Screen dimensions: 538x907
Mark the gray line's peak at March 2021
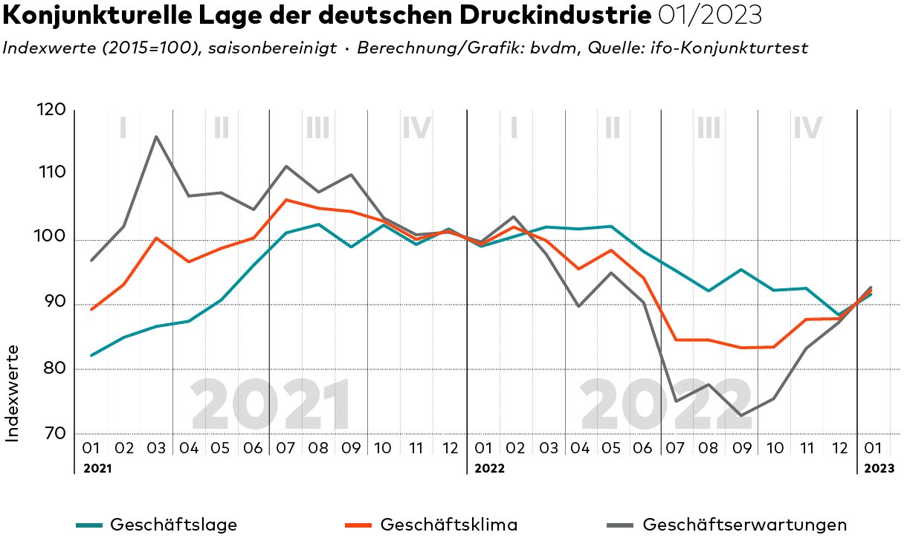[156, 137]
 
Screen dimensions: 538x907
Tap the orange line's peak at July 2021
[286, 199]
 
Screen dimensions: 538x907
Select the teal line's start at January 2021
[91, 355]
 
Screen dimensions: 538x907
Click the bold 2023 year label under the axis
[879, 468]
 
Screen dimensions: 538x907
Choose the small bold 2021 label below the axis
[97, 468]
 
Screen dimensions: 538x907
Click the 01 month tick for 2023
[873, 448]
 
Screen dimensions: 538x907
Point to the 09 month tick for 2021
[351, 448]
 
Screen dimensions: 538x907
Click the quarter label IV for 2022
[807, 129]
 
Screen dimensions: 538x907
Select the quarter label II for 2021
[221, 129]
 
